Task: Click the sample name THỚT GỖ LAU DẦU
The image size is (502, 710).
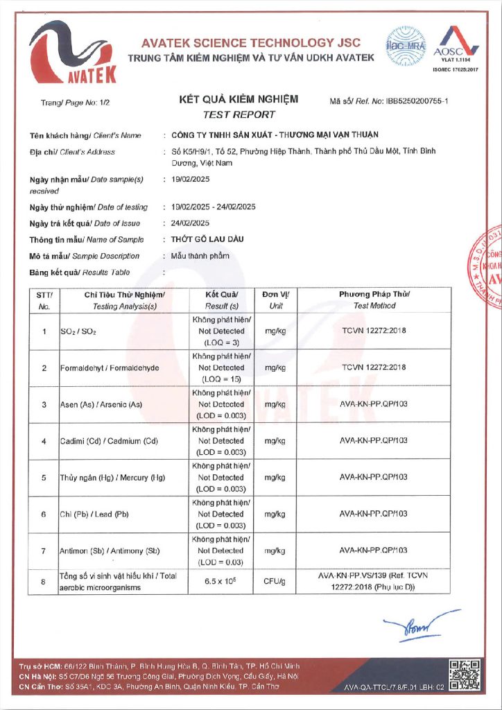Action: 207,240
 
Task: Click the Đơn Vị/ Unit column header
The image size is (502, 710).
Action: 276,300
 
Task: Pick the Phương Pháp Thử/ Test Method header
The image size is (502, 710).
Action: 374,300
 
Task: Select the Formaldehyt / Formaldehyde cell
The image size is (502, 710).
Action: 105,368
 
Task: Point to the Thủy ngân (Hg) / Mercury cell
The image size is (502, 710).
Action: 111,478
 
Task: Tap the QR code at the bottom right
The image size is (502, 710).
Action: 464,675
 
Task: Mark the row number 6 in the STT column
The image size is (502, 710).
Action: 44,514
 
